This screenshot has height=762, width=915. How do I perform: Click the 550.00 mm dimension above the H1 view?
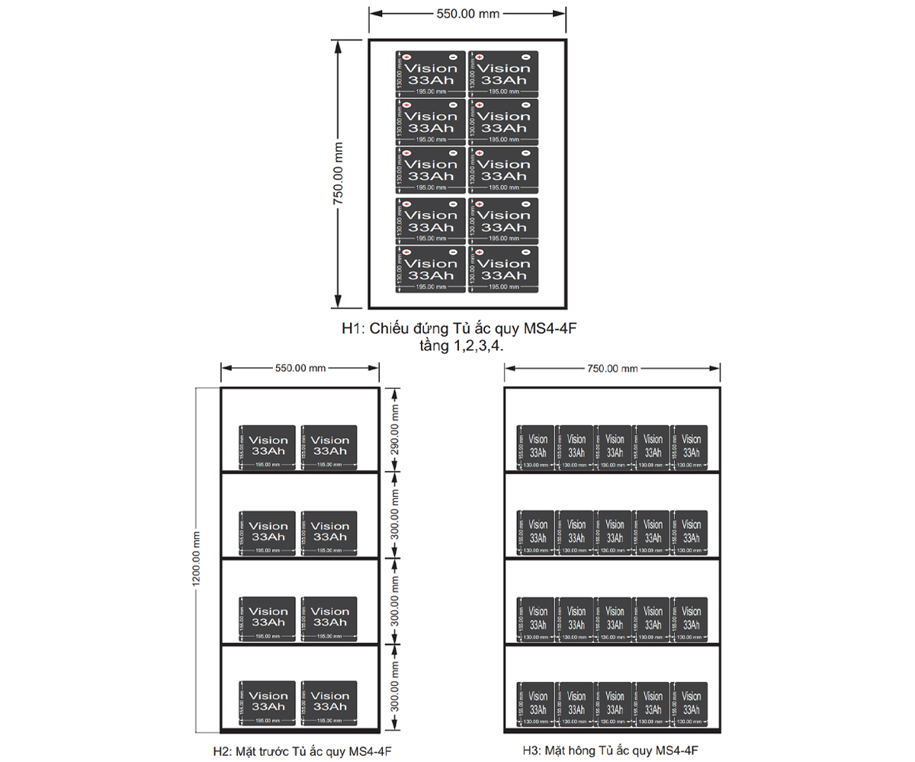[467, 13]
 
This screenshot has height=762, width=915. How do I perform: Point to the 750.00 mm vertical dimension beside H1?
[339, 173]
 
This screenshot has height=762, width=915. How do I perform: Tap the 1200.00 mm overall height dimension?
[196, 559]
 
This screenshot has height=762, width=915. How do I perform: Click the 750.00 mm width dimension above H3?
[612, 369]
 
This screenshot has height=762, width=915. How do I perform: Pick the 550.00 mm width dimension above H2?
[300, 369]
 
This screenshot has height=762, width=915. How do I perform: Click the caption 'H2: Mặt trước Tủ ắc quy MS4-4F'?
[303, 751]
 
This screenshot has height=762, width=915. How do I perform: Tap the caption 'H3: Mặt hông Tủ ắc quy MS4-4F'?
[611, 750]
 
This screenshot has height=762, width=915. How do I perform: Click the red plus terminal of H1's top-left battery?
[406, 57]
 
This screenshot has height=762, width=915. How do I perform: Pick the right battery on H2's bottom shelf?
[330, 703]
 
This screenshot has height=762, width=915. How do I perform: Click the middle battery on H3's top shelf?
[613, 447]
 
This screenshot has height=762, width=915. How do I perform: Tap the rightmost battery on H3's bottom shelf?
[691, 703]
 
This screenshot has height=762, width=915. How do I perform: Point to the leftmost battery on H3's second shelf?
[535, 532]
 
